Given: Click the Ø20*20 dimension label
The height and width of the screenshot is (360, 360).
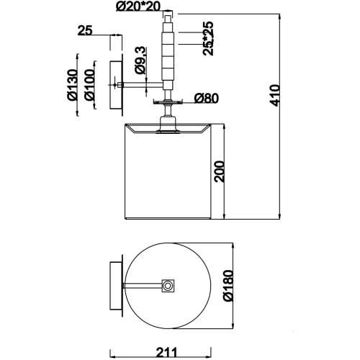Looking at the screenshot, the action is pos(138,6).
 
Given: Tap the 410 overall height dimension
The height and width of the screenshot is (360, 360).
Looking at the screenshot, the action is pos(275,95).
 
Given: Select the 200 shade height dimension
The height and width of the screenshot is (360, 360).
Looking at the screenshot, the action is pos(220,171).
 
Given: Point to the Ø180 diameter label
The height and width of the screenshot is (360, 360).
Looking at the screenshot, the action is pos(228,286).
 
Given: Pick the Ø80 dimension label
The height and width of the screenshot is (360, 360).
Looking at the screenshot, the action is pos(207,98).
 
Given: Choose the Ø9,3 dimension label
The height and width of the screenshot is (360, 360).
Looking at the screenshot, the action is pos(140,60).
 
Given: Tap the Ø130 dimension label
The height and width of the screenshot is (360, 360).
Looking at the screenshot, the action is pos(72,84).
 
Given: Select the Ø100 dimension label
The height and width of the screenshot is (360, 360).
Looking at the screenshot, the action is pos(89,84).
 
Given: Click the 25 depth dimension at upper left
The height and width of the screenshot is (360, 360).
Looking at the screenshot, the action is pos(85,31).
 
